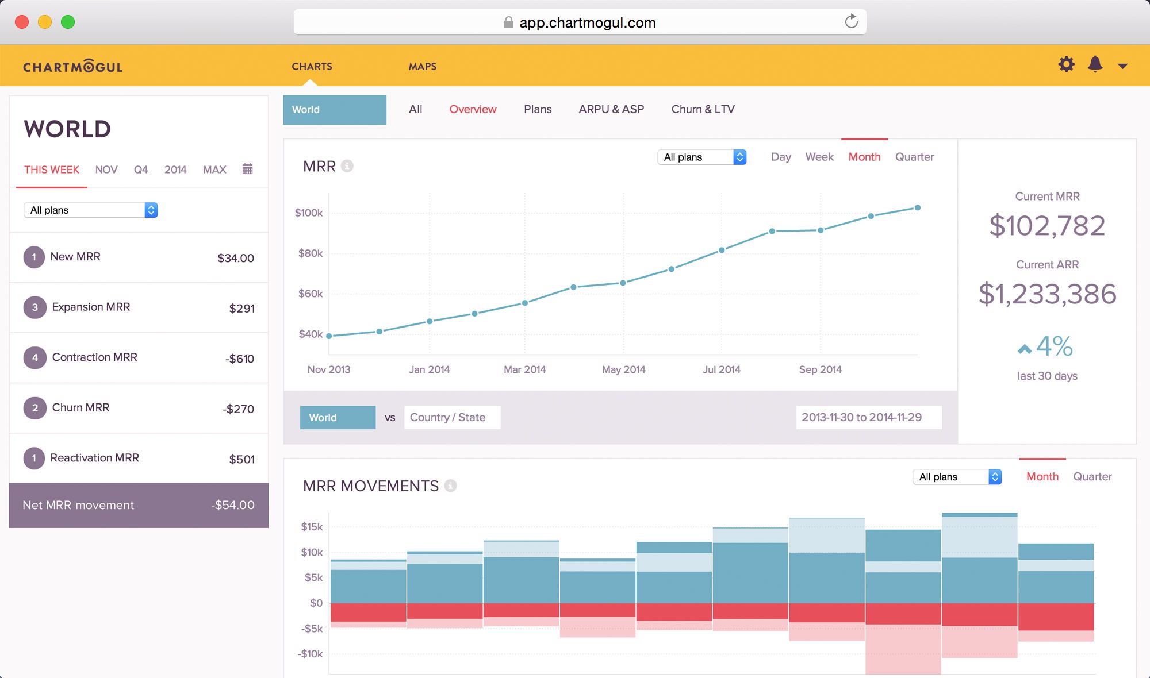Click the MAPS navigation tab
pos(422,67)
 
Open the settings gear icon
pos(1066,64)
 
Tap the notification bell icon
pos(1095,64)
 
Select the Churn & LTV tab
pos(703,109)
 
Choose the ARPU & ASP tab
pos(611,109)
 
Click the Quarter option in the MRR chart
pos(914,157)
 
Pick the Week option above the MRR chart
pos(819,157)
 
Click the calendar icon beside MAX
pos(247,169)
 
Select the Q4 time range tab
pos(141,169)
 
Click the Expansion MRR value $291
pos(241,309)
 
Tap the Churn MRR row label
pos(80,407)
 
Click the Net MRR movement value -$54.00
pos(232,505)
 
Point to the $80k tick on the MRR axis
pos(310,253)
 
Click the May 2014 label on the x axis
pos(623,369)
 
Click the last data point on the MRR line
pos(918,207)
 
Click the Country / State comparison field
pos(452,418)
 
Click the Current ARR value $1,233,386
pos(1047,294)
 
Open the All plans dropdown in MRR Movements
pos(957,477)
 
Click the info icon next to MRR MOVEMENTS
pos(451,486)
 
